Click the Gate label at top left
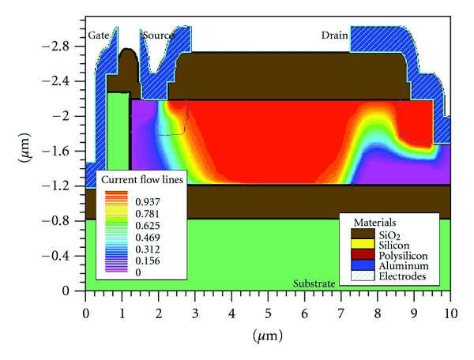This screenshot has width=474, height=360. [98, 36]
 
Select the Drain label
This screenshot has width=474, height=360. [335, 36]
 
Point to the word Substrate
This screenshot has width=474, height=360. [314, 283]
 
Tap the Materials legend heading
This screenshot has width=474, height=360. [375, 223]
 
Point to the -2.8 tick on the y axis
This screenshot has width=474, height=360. [66, 47]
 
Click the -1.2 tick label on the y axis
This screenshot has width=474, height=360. [66, 186]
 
